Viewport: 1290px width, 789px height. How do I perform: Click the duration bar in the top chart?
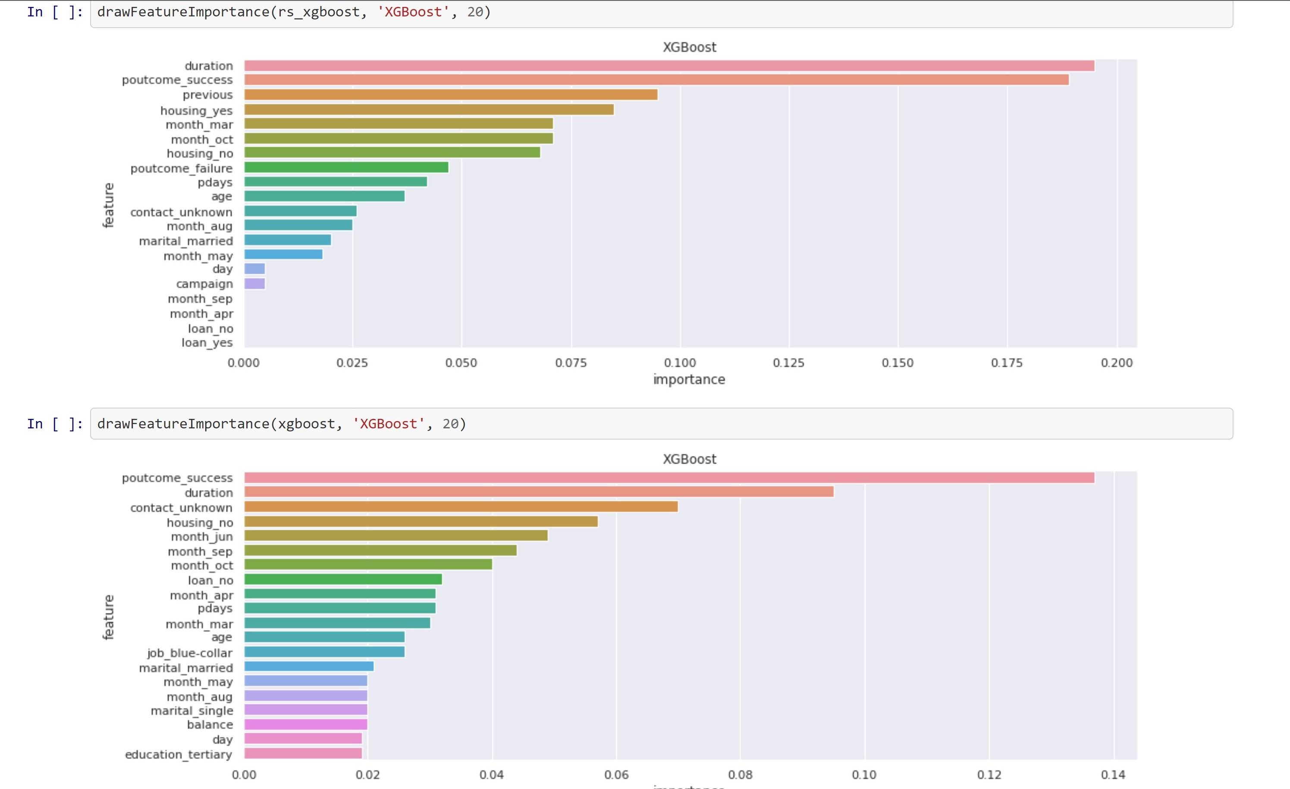[x=669, y=66]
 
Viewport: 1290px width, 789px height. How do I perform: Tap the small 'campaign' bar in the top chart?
[x=254, y=284]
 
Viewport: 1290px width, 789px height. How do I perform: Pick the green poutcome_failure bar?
[x=346, y=167]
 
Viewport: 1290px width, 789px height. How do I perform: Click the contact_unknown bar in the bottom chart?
[x=461, y=507]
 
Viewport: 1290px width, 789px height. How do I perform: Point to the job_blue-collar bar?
[x=324, y=652]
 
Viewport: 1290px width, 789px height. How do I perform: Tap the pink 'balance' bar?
[x=306, y=725]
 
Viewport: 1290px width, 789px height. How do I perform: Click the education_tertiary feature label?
[x=179, y=754]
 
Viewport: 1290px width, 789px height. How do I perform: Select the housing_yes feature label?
[x=196, y=110]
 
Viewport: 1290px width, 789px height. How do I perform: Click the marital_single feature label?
[x=191, y=710]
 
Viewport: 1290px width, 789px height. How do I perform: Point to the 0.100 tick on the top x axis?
[x=680, y=363]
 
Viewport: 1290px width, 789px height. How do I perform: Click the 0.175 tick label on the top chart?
[x=1006, y=363]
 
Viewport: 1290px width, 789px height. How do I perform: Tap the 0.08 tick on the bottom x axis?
[x=740, y=775]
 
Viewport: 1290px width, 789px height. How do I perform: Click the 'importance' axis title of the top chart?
[x=689, y=380]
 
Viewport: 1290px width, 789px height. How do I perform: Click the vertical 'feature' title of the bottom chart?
[x=108, y=617]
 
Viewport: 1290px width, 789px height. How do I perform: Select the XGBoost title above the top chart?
[x=689, y=47]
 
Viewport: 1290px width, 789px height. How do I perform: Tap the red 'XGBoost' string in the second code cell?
[x=389, y=424]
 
